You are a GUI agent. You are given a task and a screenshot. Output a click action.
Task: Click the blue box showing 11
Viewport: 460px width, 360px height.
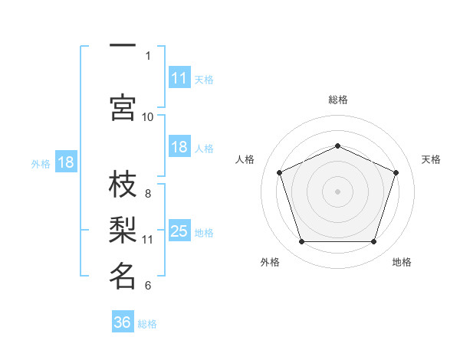(x=179, y=78)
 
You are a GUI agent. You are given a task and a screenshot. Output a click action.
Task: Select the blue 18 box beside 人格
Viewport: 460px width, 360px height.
(x=179, y=148)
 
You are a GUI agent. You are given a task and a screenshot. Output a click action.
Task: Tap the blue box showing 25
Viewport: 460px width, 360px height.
(x=179, y=231)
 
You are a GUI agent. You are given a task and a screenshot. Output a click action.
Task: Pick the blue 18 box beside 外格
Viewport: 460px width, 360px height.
(x=66, y=163)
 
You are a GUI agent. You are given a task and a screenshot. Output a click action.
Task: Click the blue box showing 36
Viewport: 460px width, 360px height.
(x=123, y=322)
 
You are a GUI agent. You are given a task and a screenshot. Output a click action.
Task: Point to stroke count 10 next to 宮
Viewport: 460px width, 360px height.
(x=148, y=116)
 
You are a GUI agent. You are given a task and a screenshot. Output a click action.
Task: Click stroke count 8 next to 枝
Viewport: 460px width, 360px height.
(x=148, y=194)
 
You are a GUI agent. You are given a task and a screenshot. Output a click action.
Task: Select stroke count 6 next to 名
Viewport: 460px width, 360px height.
(x=148, y=286)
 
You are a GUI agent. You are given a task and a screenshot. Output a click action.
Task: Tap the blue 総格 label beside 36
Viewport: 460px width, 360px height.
(x=147, y=323)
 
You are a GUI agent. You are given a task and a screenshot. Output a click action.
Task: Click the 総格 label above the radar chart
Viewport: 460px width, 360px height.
(x=338, y=100)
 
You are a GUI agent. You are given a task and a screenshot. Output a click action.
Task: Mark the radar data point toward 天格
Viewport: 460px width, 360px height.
(x=396, y=172)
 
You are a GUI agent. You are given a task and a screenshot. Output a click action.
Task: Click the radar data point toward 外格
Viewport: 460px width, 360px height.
(x=301, y=242)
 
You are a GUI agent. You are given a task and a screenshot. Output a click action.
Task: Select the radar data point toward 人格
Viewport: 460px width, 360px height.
(x=279, y=172)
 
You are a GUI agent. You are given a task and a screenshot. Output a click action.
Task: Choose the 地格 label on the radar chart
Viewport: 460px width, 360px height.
(x=402, y=262)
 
